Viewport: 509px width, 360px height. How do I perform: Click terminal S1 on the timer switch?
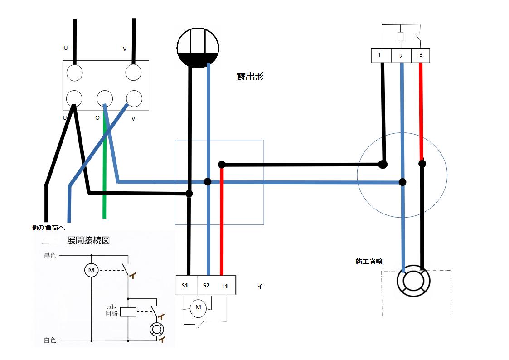pyautogui.click(x=185, y=286)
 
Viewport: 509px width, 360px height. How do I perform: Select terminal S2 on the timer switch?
pyautogui.click(x=206, y=286)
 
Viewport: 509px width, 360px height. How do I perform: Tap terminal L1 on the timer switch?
pyautogui.click(x=225, y=286)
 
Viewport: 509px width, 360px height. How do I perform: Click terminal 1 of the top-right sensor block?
pyautogui.click(x=379, y=55)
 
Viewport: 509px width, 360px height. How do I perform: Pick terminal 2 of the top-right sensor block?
pyautogui.click(x=401, y=56)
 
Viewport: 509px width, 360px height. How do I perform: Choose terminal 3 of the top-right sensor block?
pyautogui.click(x=421, y=55)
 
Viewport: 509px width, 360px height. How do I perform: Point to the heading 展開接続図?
pyautogui.click(x=88, y=240)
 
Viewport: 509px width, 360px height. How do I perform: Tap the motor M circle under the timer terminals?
pyautogui.click(x=198, y=308)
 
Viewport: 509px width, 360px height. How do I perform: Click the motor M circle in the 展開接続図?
pyautogui.click(x=92, y=271)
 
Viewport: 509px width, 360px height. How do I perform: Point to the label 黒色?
pyautogui.click(x=50, y=256)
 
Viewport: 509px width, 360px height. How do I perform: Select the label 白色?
pyautogui.click(x=50, y=340)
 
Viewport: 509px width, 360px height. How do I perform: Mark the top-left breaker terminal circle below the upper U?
pyautogui.click(x=75, y=72)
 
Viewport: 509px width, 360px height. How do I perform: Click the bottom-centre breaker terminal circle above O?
pyautogui.click(x=105, y=98)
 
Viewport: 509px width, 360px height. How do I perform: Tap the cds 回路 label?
pyautogui.click(x=111, y=310)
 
